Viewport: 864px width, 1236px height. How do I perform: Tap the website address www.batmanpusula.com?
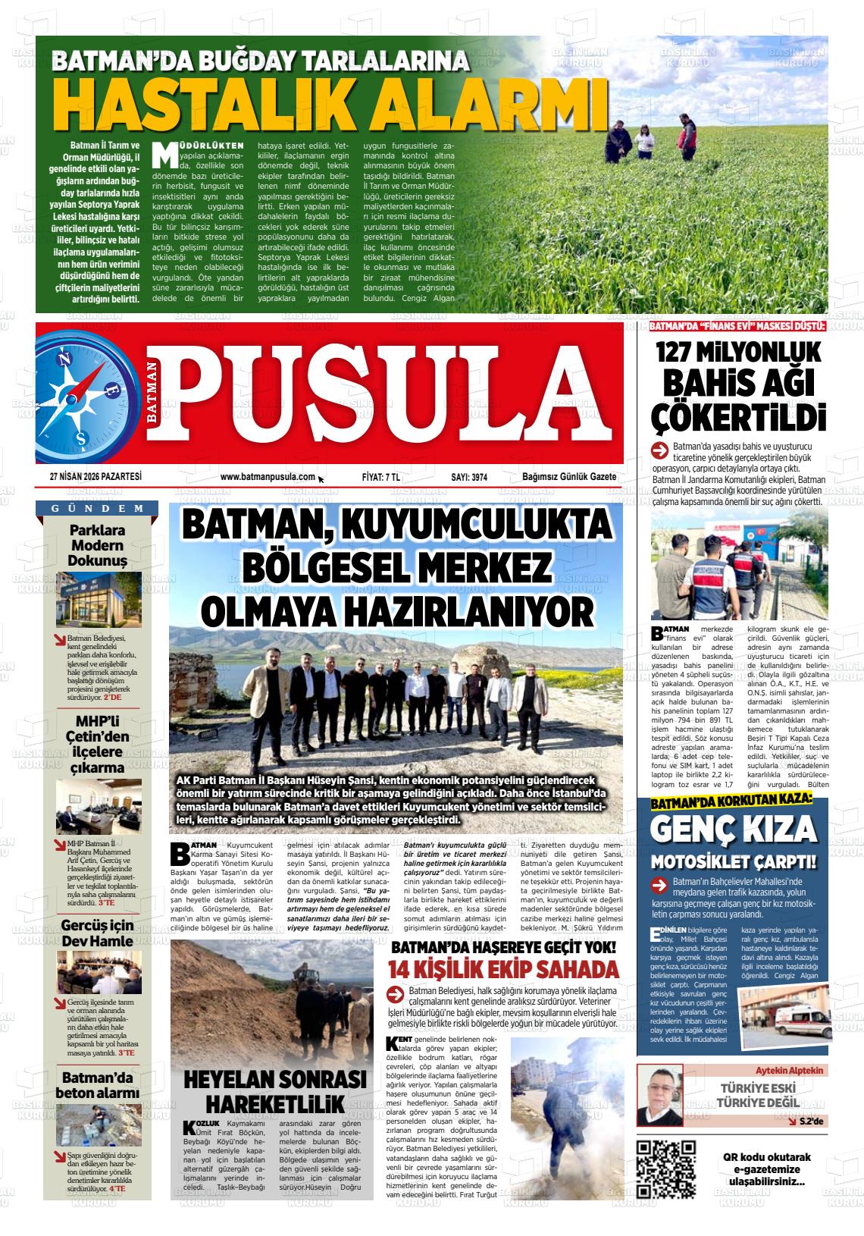tap(268, 477)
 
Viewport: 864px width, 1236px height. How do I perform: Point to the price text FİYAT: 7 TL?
tap(380, 477)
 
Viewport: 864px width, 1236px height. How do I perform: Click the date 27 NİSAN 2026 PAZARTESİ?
tap(95, 477)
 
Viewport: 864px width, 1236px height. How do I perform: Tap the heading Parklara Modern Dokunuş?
tap(97, 545)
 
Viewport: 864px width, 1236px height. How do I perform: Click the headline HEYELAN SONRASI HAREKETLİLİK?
tap(276, 1090)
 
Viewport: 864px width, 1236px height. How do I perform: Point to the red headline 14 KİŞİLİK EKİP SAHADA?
tap(503, 969)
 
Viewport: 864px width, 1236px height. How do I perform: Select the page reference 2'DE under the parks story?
tap(112, 696)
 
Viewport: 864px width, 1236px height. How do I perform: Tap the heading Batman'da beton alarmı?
tap(97, 1085)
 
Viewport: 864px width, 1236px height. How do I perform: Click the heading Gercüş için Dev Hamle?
tap(97, 933)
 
